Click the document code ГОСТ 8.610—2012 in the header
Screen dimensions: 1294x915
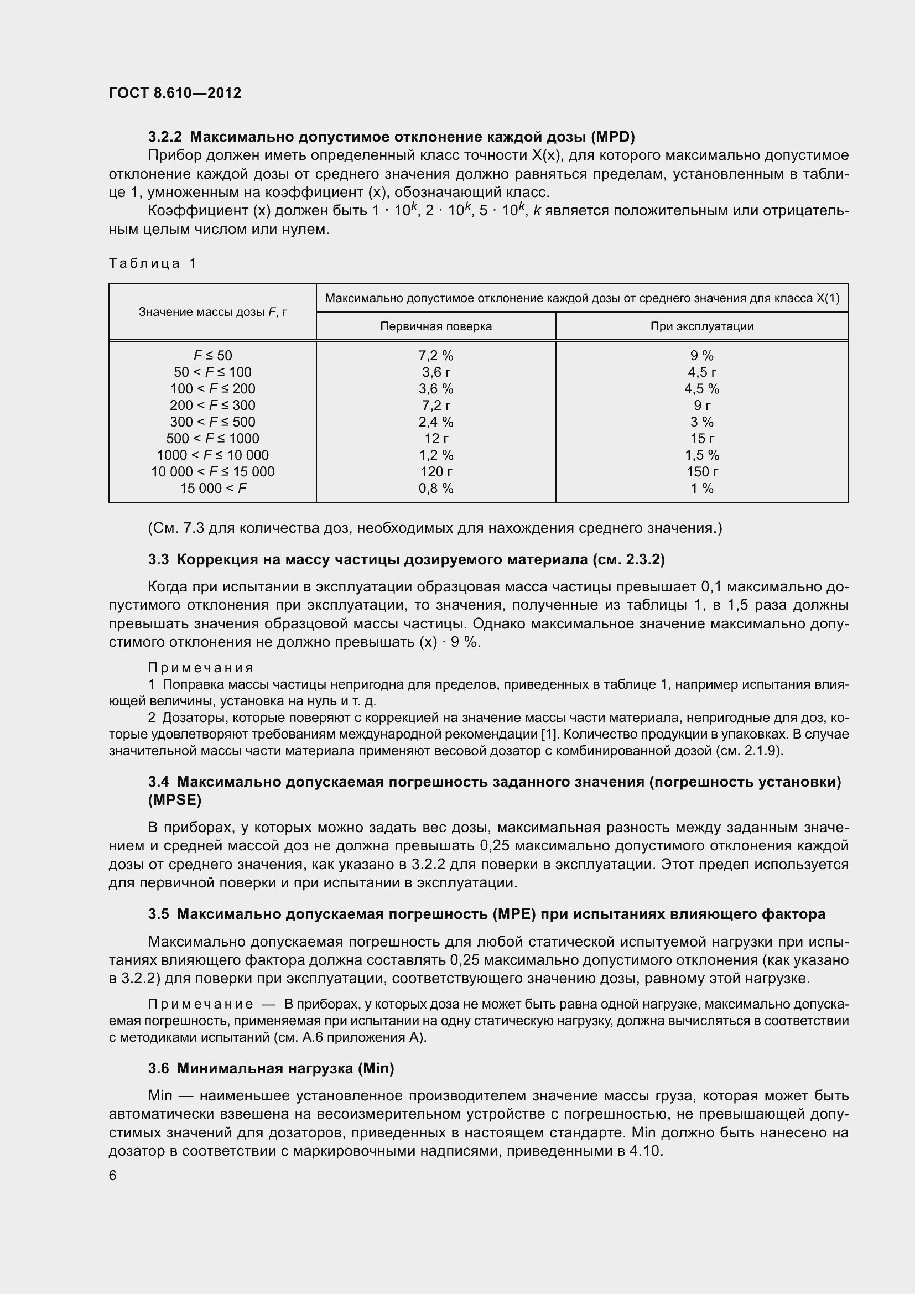pos(175,93)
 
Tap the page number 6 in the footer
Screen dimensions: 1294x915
pos(113,1175)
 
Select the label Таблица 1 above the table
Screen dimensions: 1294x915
pos(152,263)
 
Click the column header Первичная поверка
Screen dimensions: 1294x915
pos(435,326)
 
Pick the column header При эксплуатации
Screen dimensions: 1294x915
pos(701,326)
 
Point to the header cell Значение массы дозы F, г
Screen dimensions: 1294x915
pos(212,311)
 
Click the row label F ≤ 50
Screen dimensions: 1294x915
pos(212,356)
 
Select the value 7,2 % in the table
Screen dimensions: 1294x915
pos(435,356)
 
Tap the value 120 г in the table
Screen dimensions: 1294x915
pos(436,472)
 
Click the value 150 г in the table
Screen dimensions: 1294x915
pos(702,472)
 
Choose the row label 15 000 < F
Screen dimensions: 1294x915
pos(212,489)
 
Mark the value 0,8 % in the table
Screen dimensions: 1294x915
pos(435,489)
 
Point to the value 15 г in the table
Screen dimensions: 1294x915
pos(702,439)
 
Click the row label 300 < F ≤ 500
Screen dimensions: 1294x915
pos(212,422)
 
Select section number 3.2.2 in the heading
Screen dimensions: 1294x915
pos(166,137)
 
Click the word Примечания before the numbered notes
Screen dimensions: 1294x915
pos(201,668)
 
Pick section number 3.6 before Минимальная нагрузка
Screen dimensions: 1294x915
pos(158,1069)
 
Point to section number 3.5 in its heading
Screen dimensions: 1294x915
pos(158,914)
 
